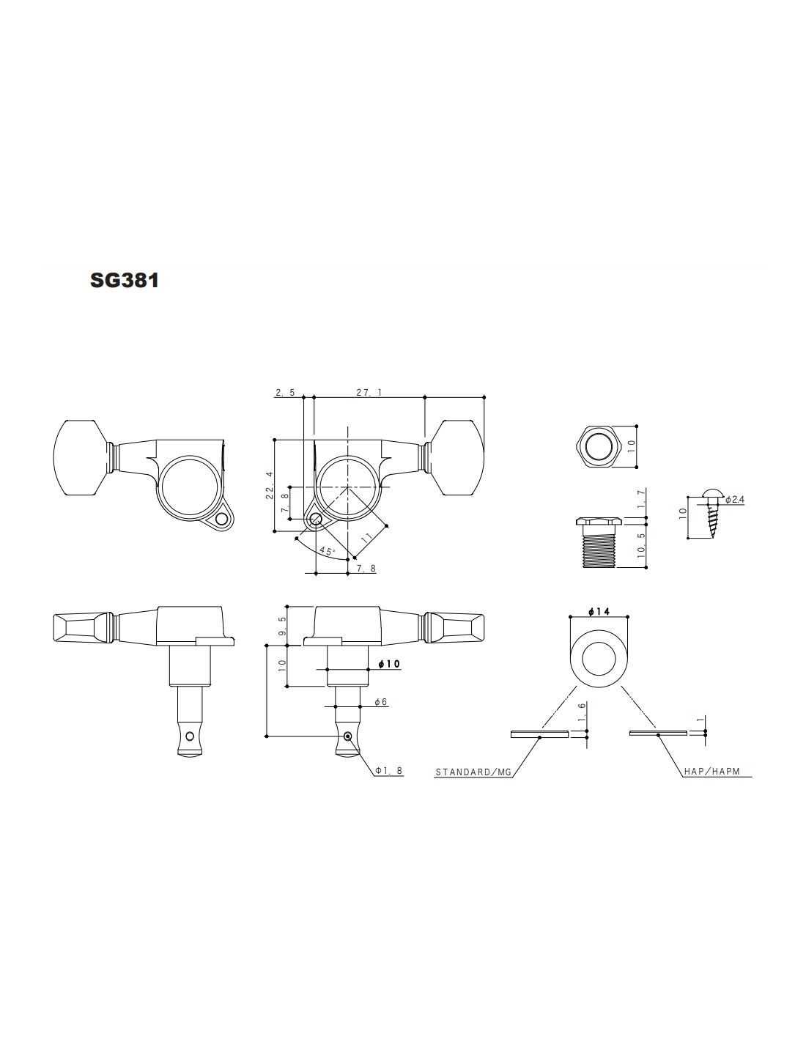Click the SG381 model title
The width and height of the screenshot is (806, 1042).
click(x=124, y=280)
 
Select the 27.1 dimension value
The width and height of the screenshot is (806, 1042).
click(x=369, y=393)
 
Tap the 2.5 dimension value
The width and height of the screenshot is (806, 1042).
click(x=285, y=393)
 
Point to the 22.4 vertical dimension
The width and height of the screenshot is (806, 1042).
click(x=269, y=485)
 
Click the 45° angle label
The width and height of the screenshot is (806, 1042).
click(x=327, y=551)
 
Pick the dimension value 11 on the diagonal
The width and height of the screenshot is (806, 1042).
click(x=367, y=536)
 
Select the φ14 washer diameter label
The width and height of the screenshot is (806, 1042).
click(x=599, y=611)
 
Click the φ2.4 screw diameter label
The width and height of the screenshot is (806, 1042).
click(x=735, y=499)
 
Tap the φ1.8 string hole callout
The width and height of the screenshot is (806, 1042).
click(x=389, y=771)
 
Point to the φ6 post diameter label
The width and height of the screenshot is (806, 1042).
click(x=380, y=702)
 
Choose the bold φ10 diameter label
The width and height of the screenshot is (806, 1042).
click(x=388, y=664)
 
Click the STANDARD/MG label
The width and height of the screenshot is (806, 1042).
click(x=473, y=772)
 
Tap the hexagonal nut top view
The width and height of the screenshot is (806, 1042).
click(x=599, y=446)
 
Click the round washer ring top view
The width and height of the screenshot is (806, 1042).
click(x=599, y=654)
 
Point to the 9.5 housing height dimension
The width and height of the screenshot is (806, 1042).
click(x=283, y=627)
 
